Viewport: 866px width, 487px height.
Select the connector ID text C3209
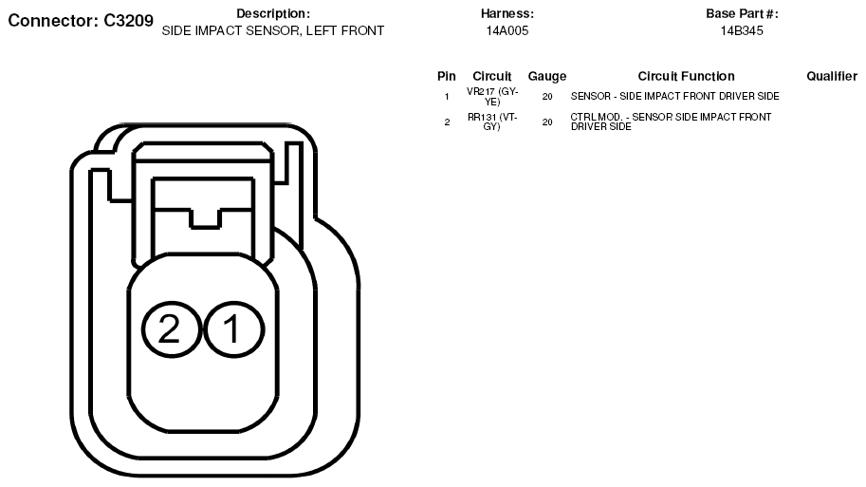(x=129, y=21)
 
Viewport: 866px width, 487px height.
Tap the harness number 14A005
(x=507, y=31)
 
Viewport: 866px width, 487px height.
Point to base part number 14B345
(x=742, y=31)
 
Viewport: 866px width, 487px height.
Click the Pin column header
(x=446, y=76)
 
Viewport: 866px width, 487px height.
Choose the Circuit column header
(x=492, y=76)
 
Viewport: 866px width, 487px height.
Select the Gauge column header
(x=546, y=76)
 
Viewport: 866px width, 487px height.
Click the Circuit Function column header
(x=686, y=76)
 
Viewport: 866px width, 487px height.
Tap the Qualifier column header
(x=832, y=76)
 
